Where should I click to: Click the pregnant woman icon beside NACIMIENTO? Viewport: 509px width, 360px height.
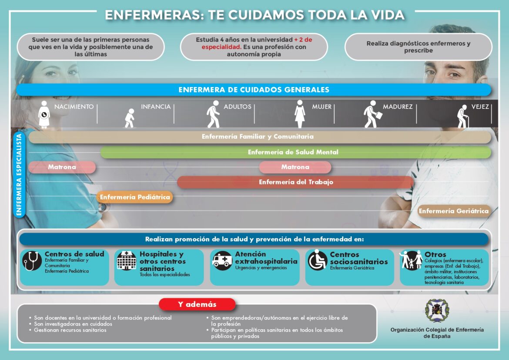pos(44,114)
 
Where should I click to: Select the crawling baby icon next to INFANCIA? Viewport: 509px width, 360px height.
pos(130,118)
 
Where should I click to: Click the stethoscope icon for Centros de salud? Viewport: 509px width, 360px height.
pos(32,261)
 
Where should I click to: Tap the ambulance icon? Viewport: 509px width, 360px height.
pos(222,260)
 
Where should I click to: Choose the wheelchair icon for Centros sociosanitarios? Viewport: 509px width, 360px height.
pos(318,261)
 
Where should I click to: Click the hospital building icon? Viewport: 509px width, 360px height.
pos(127,261)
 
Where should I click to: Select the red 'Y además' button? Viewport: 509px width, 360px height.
pos(197,304)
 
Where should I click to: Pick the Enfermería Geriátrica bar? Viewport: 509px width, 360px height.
pos(454,211)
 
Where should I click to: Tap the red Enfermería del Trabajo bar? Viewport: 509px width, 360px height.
pos(296,182)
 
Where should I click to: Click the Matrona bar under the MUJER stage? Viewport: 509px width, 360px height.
pos(295,167)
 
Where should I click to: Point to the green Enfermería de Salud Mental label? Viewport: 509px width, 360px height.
pos(293,152)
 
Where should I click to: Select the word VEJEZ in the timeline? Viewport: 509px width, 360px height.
pos(480,107)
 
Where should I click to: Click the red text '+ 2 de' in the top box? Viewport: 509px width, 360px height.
pos(303,40)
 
